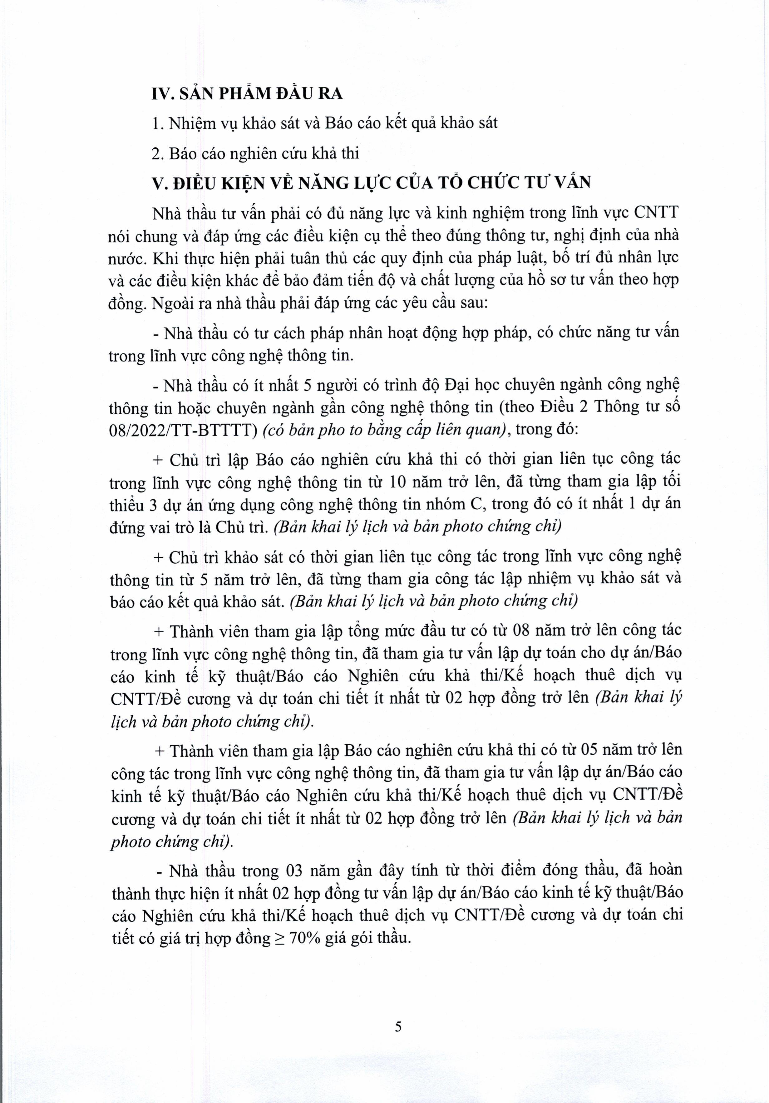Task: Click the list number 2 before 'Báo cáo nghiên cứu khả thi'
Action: click(155, 153)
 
